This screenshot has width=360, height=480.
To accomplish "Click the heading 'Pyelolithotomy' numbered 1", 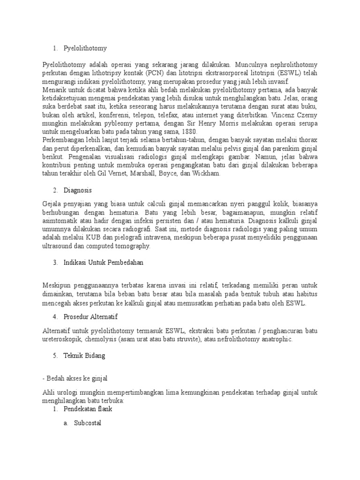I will tap(85, 48).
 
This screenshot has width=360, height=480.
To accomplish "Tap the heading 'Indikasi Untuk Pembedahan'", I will tap(103, 262).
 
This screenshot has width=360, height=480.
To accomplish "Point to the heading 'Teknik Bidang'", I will tap(84, 355).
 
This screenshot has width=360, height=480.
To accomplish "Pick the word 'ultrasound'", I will tap(56, 246).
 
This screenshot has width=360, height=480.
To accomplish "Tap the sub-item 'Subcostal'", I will tap(87, 423).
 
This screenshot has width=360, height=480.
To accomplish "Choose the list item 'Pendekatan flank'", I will tap(88, 409).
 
